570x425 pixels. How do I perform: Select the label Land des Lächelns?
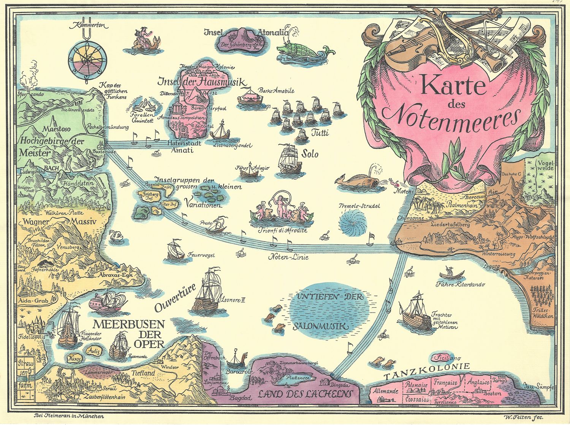305,393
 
